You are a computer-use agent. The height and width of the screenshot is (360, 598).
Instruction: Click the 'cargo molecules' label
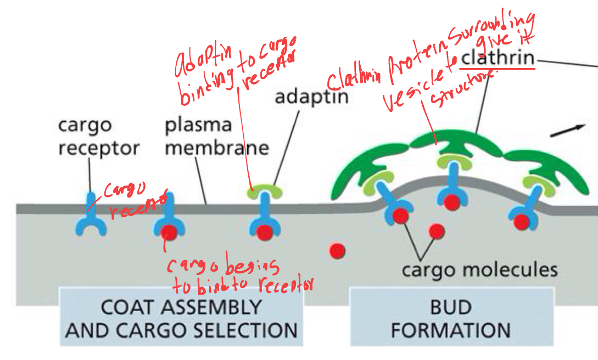[479, 270]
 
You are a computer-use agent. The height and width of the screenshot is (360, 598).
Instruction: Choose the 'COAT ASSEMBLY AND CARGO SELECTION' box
[181, 318]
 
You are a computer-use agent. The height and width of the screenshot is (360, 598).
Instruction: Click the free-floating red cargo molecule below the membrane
[337, 251]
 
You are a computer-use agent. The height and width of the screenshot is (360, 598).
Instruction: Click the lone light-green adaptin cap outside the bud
[266, 191]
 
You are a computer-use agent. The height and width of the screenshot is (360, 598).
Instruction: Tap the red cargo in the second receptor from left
[170, 233]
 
